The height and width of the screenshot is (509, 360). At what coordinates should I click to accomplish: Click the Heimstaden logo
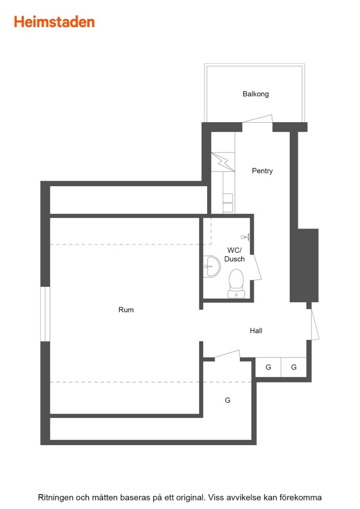(x=54, y=22)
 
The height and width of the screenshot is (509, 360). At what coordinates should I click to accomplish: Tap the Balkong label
(x=256, y=94)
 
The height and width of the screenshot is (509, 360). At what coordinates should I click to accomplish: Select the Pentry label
(x=262, y=171)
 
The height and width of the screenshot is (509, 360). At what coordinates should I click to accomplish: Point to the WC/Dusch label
(x=234, y=255)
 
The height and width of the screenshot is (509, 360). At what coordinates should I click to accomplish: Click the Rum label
(x=126, y=310)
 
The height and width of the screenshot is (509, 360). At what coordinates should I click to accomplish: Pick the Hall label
(x=256, y=330)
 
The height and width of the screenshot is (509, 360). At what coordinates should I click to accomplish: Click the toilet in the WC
(x=236, y=283)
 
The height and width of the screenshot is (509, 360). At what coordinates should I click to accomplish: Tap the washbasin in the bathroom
(x=212, y=266)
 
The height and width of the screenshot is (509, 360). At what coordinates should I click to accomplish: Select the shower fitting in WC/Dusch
(x=246, y=237)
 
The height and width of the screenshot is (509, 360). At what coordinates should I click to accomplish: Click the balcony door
(x=258, y=119)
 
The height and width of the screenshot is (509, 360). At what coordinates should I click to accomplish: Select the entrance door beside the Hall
(x=315, y=325)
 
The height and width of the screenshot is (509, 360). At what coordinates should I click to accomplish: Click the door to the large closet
(x=227, y=354)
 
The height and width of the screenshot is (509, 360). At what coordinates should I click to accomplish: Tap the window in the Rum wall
(x=45, y=314)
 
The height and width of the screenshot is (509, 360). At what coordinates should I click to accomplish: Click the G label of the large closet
(x=228, y=400)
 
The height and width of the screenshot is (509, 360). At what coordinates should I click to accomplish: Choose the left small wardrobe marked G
(x=268, y=367)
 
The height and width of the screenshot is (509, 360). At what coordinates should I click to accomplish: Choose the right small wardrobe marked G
(x=294, y=367)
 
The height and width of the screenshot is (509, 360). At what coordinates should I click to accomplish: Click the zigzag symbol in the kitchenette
(x=223, y=162)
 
